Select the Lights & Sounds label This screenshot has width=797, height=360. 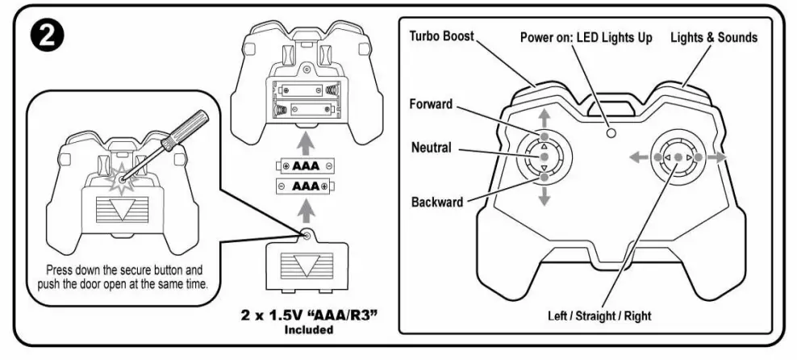(715, 37)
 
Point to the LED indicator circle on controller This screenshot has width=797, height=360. (611, 132)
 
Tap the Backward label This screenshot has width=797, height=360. (437, 202)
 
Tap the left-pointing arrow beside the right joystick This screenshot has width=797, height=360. (640, 157)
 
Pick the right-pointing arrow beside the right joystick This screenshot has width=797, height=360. (717, 157)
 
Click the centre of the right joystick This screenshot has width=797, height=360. (678, 157)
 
